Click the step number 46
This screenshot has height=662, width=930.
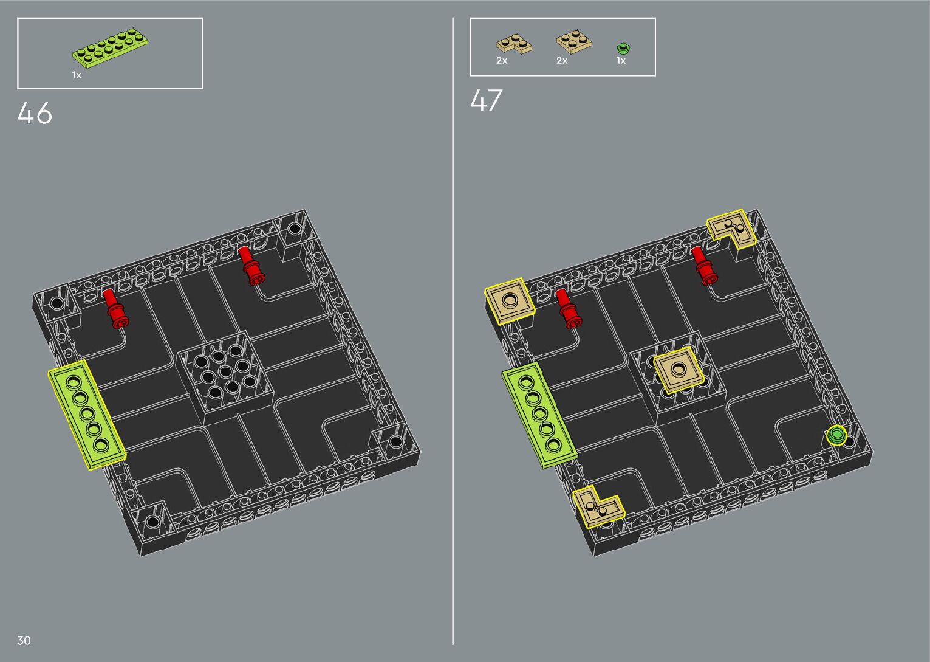tap(35, 113)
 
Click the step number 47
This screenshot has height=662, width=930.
tap(486, 100)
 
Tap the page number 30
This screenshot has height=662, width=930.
tap(24, 640)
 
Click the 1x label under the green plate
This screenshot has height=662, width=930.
tap(77, 75)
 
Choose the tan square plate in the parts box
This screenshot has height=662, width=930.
tap(574, 42)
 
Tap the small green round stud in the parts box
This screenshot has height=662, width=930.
tap(623, 48)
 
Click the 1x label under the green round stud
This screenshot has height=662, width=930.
tap(621, 61)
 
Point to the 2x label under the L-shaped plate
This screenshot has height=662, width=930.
tap(502, 61)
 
